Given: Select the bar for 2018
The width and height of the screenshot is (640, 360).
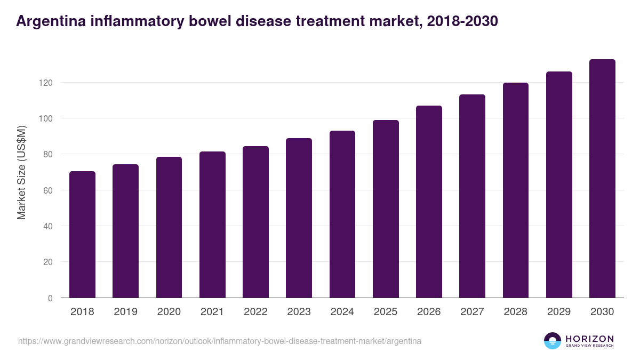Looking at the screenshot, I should click(x=82, y=235).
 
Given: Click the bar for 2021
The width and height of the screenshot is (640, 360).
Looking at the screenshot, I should click(x=212, y=225).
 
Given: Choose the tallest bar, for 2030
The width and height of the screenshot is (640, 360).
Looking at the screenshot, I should click(x=602, y=179).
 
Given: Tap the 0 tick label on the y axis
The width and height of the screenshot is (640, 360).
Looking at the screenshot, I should click(x=50, y=298).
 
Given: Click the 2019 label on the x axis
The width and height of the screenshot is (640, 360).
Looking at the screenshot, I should click(x=125, y=312).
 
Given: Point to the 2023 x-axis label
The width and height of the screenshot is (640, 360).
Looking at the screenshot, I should click(x=299, y=312).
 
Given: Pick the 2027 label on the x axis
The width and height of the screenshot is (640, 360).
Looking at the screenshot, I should click(x=472, y=312).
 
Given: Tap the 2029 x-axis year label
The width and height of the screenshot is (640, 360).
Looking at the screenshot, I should click(x=559, y=312).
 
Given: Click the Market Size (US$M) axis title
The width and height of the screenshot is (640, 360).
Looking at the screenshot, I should click(x=22, y=172).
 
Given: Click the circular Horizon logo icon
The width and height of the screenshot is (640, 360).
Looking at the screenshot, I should click(x=553, y=341).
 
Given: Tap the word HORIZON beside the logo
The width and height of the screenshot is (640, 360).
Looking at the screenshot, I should click(x=589, y=338).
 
